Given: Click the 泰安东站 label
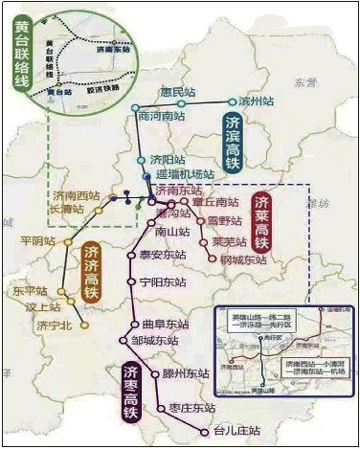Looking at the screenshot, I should coord(163,255).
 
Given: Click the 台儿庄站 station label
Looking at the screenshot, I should coord(236,431).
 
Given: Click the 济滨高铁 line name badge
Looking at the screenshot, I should coord(233,143).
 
